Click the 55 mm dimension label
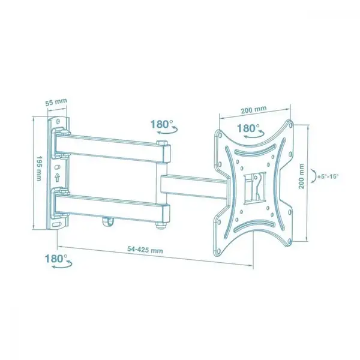[56, 102]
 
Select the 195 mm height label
[38, 169]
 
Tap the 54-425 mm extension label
[145, 250]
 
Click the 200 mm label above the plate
[254, 110]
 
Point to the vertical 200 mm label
[301, 176]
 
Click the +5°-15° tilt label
[328, 176]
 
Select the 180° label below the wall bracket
[56, 259]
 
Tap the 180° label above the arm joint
[162, 124]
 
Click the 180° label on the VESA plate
[248, 128]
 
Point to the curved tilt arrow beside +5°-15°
[314, 176]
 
